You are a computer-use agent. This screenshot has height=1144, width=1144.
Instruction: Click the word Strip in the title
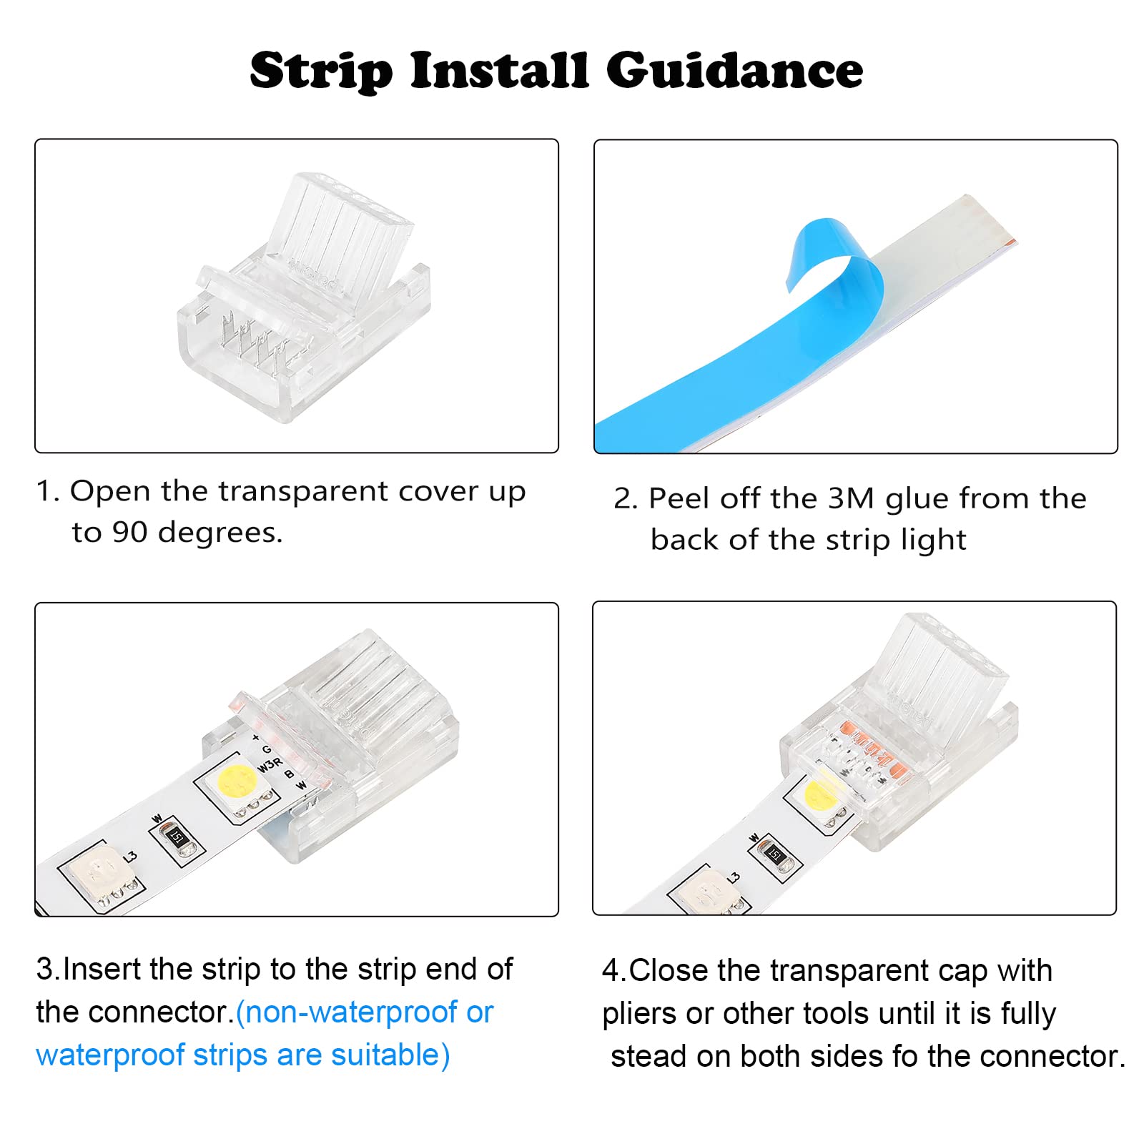[321, 71]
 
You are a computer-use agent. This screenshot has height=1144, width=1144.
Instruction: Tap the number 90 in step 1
[129, 532]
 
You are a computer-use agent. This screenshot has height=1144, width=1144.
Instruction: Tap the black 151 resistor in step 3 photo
[176, 837]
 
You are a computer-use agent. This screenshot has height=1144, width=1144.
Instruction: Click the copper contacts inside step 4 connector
[858, 751]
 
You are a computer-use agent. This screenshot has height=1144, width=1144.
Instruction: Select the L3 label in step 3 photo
[130, 856]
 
